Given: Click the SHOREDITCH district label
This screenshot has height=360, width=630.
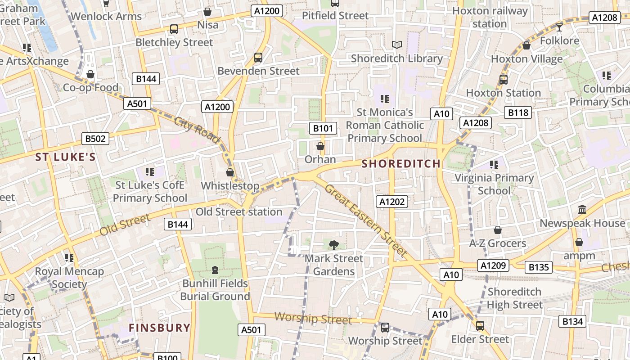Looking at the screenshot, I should [x=401, y=164].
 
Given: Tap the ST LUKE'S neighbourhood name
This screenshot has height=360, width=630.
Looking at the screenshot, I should [x=66, y=157].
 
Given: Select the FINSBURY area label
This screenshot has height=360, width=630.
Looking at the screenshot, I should [x=160, y=328].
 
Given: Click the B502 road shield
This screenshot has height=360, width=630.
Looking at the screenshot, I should [x=95, y=139].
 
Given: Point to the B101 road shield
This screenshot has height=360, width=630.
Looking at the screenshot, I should [x=323, y=128].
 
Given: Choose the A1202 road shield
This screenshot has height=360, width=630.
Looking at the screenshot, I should [x=392, y=202].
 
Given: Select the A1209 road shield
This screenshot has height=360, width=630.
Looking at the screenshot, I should [x=494, y=265].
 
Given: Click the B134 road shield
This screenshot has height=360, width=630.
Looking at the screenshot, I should [x=573, y=321].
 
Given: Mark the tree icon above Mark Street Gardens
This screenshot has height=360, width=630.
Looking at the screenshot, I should [x=333, y=245].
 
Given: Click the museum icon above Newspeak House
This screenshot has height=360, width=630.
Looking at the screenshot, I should [x=582, y=210].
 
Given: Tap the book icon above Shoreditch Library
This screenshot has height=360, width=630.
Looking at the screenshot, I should [x=396, y=45].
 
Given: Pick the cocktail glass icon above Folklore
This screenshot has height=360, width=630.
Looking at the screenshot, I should [x=559, y=27].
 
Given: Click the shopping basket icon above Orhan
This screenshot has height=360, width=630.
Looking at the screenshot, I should [x=320, y=146].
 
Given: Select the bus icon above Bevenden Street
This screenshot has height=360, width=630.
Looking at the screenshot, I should [x=258, y=58].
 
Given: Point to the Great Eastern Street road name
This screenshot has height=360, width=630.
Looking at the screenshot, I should [x=366, y=220].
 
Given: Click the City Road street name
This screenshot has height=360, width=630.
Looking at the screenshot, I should [x=197, y=129].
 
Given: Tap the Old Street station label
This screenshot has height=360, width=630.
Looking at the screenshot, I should [x=239, y=212].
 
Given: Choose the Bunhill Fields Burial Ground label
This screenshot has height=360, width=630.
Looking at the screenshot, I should [x=215, y=290].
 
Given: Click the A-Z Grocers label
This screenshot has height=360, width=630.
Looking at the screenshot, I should [x=498, y=243].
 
